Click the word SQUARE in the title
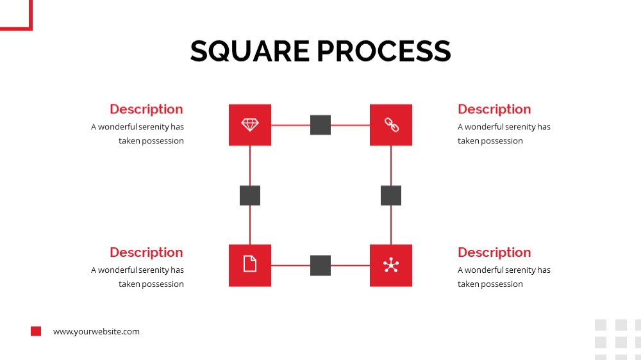[250, 51]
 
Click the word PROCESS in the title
[384, 51]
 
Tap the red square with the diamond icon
[250, 125]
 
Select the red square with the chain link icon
[391, 125]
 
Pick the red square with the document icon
[250, 265]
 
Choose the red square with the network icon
[391, 265]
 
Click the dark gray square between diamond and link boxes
[320, 125]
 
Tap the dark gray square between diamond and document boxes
[250, 195]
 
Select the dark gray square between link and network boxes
[391, 195]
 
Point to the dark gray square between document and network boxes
[320, 265]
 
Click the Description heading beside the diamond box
[146, 110]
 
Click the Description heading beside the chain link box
[494, 110]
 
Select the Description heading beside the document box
[146, 252]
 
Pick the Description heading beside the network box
[494, 252]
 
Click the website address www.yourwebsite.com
[96, 331]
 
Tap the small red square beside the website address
[36, 331]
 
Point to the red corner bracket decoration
[30, 17]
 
